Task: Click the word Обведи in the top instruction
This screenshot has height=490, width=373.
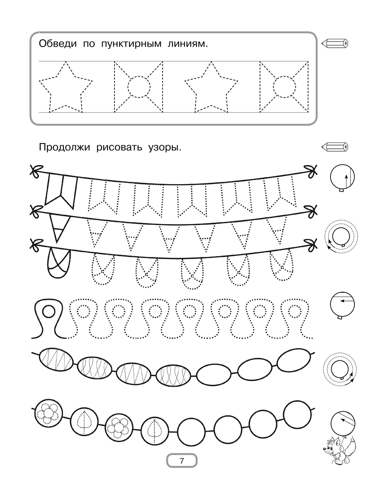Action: (57, 44)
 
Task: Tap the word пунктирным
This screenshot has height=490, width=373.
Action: (131, 44)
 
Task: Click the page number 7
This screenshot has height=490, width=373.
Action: (182, 460)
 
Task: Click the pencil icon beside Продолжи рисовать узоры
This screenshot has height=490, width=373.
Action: (335, 147)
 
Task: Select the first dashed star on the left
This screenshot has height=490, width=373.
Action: (66, 87)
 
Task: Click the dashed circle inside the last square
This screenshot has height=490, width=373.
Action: (284, 87)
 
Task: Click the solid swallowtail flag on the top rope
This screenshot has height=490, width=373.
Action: (61, 191)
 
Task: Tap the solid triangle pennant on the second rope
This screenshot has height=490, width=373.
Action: (59, 228)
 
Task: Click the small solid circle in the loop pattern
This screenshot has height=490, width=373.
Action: (48, 311)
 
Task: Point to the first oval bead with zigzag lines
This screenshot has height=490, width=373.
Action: (56, 359)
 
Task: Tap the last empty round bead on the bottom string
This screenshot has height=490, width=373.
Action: (298, 415)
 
